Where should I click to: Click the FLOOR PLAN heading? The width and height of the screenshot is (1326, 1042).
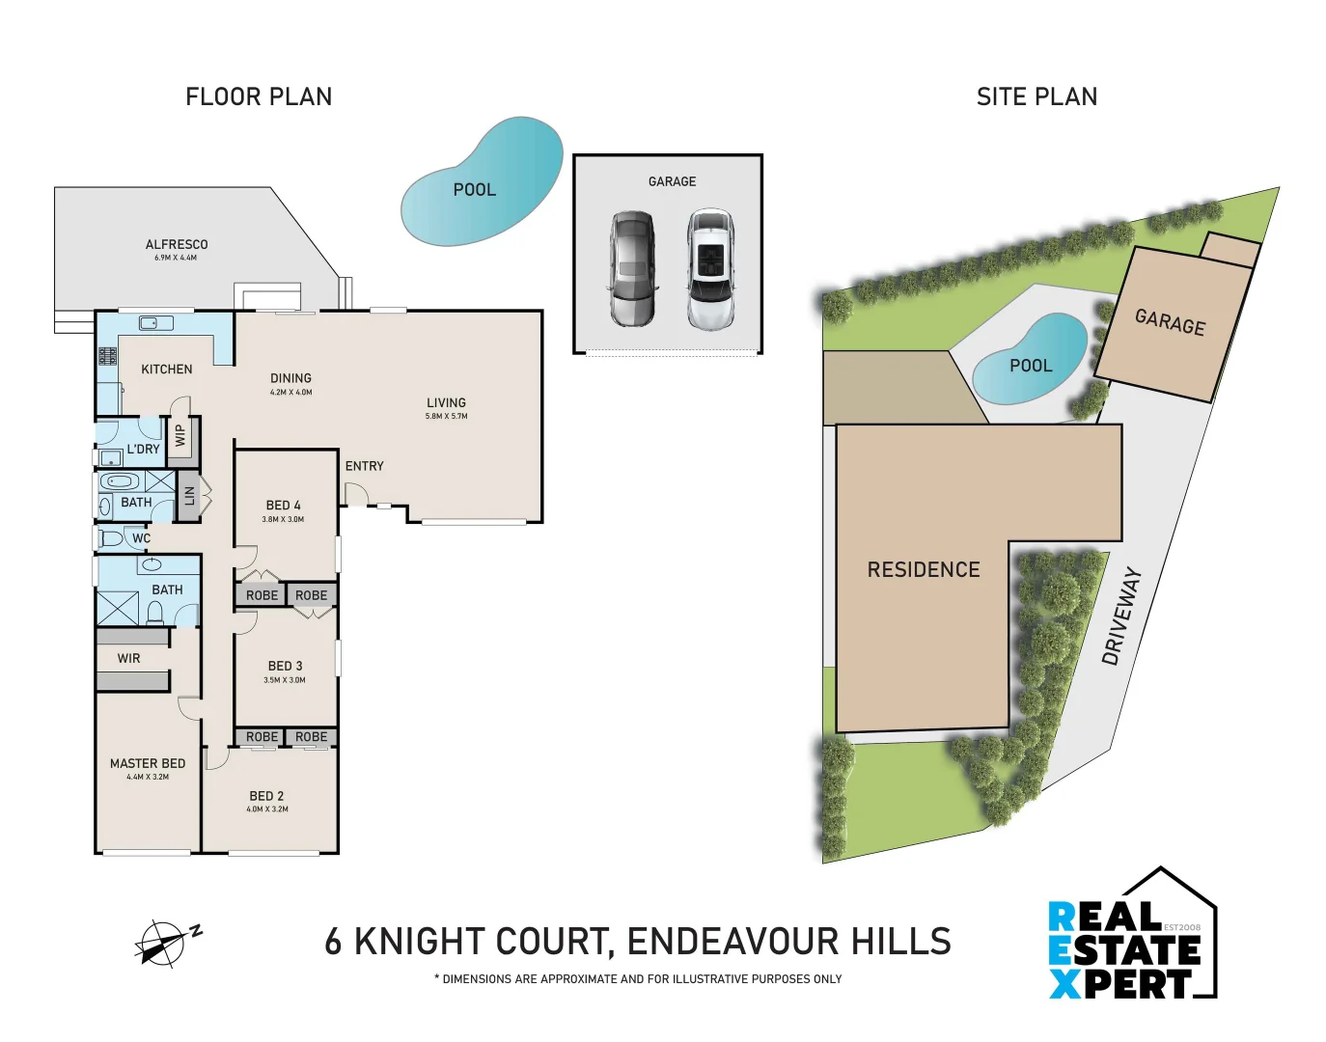click(x=259, y=96)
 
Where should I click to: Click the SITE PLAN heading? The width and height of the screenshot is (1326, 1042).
click(x=1036, y=96)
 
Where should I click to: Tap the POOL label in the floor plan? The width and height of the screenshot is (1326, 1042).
click(x=474, y=190)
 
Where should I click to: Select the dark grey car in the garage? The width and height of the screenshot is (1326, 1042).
click(x=632, y=268)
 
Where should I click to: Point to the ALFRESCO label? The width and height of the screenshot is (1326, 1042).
click(x=177, y=245)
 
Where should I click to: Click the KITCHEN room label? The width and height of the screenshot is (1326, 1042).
click(x=166, y=370)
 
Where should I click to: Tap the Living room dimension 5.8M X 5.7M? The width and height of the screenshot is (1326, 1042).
click(x=446, y=417)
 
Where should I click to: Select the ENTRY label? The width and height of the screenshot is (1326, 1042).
click(x=364, y=466)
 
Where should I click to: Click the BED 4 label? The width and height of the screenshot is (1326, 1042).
click(x=283, y=506)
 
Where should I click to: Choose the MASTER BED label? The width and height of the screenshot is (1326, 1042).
click(x=148, y=763)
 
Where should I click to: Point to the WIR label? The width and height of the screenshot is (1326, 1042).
click(x=128, y=659)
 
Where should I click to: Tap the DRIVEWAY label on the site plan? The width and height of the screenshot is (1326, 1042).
click(x=1121, y=617)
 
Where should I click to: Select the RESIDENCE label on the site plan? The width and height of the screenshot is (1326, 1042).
click(x=923, y=570)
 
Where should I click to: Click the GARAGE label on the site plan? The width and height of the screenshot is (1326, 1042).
click(x=1170, y=322)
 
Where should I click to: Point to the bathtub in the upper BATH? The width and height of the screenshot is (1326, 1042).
click(x=123, y=481)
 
